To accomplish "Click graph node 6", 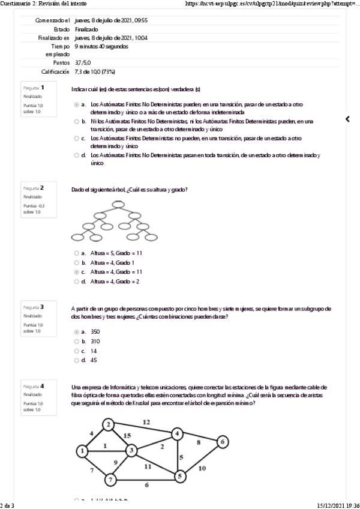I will click(x=223, y=442).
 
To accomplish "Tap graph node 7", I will click(x=110, y=479).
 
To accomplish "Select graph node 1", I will click(x=82, y=451).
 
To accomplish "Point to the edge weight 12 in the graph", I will click(x=146, y=422).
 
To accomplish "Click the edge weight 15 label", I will click(x=127, y=435).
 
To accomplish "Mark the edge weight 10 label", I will click(x=202, y=468).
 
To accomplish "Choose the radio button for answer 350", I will click(x=76, y=331).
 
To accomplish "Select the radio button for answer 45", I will click(x=76, y=360).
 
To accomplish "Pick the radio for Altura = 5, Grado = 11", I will click(x=76, y=253).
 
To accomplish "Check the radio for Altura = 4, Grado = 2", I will click(x=76, y=281).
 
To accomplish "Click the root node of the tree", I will click(x=118, y=204).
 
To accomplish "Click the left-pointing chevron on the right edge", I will click(x=347, y=119).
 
